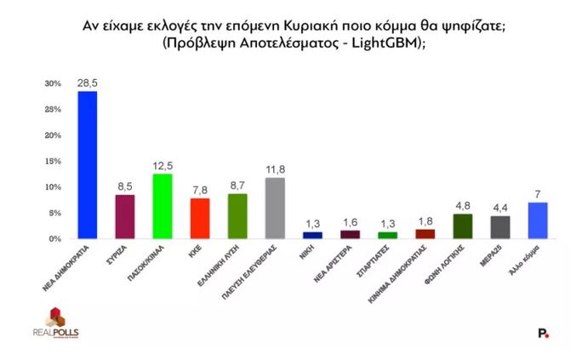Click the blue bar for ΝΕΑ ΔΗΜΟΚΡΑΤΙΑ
[x=88, y=165]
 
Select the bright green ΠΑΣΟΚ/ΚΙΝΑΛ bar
[x=162, y=207]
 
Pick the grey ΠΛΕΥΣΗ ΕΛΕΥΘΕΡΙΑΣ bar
[x=274, y=209]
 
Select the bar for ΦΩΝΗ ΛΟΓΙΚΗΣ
[x=462, y=226]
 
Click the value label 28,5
[x=88, y=83]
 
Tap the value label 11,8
[x=274, y=169]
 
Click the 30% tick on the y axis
[x=54, y=83]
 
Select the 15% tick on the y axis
[x=54, y=161]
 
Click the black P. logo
[x=544, y=334]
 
